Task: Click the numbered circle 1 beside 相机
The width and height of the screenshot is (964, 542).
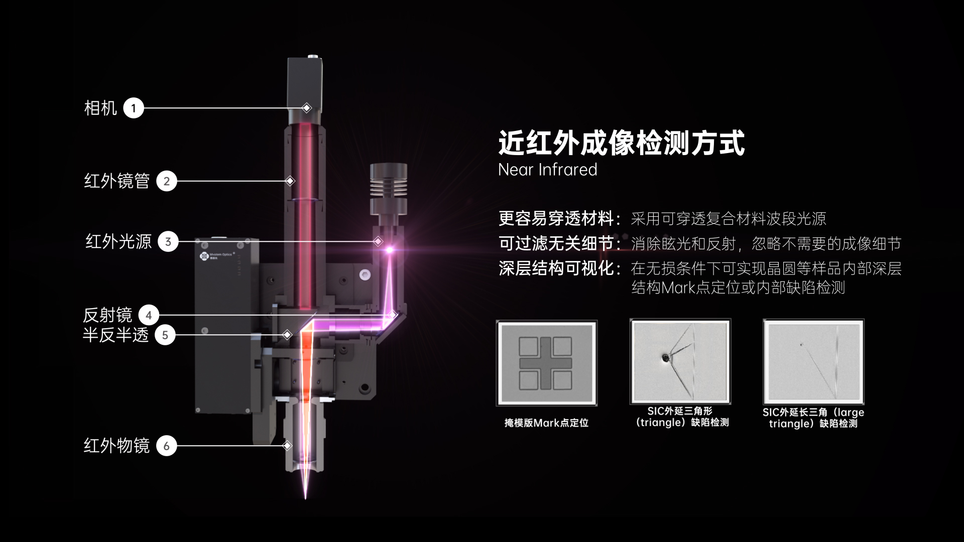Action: coord(134,108)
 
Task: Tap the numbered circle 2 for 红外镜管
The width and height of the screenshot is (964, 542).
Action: coord(167,181)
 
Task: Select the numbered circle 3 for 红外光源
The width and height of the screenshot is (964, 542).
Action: coord(168,241)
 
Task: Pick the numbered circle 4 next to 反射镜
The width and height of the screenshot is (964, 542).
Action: coord(149,315)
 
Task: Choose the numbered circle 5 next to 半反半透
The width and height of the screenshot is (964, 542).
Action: coord(165,335)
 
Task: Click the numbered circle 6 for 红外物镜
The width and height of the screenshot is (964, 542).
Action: coord(167,446)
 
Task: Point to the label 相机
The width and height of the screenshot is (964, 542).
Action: coord(100,108)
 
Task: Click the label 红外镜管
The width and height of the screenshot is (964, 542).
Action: coord(116,181)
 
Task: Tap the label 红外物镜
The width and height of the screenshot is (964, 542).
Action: coord(116,446)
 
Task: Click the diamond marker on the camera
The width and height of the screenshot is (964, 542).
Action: coord(307,108)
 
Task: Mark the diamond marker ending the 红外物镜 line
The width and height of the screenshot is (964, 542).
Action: coord(288,446)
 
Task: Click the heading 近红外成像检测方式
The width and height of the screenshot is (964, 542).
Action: coord(622,143)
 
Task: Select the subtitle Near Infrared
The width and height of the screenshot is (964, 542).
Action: coord(548,170)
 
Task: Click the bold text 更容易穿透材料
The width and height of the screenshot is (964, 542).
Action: coord(556,219)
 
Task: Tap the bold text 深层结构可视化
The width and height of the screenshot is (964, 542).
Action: coord(556,268)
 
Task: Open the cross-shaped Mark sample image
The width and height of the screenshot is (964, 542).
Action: coord(546,363)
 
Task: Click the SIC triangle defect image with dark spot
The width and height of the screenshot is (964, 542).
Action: coord(680,361)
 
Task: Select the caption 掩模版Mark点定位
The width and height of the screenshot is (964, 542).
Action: coord(546,423)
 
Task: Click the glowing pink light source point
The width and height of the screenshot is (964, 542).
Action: coord(389,249)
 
